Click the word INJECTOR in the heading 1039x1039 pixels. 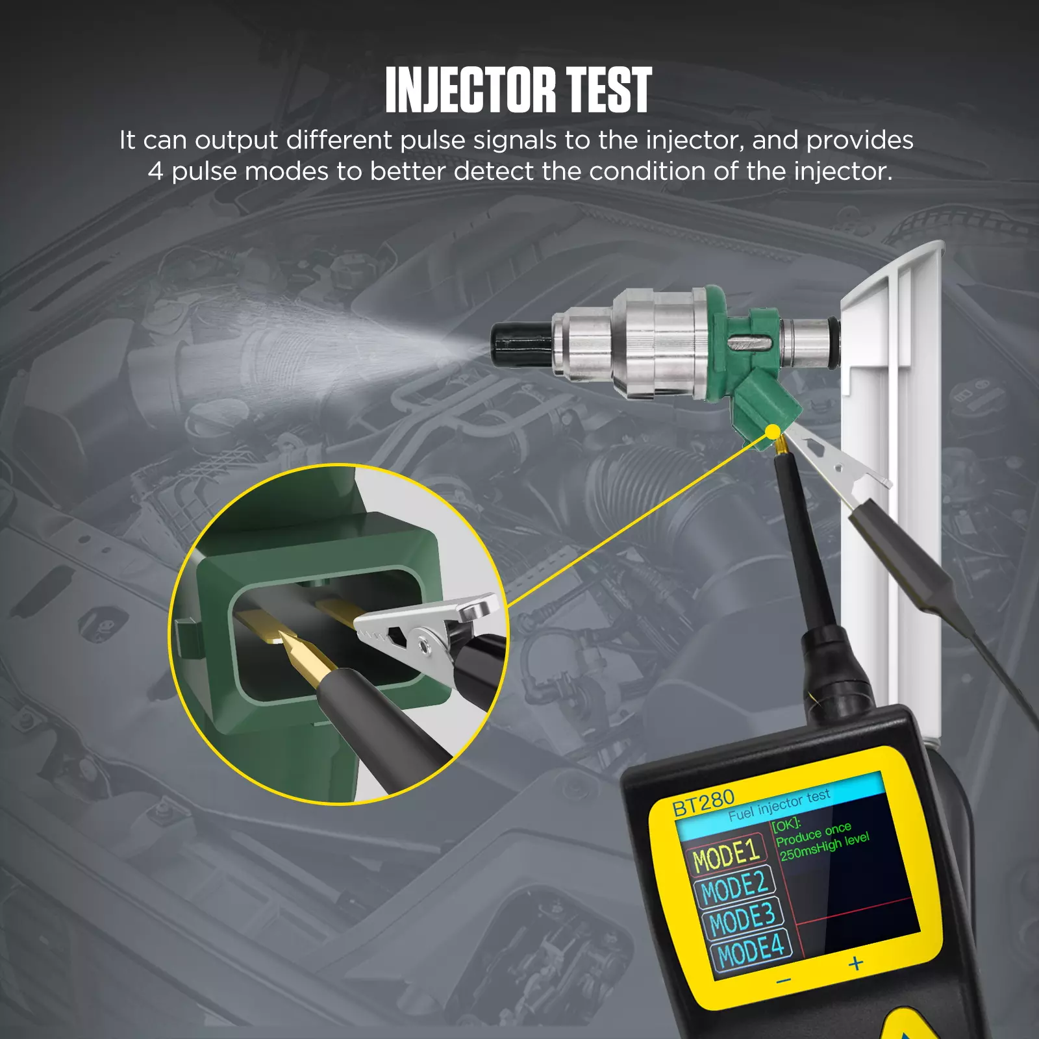[471, 90]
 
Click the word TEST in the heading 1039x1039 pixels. [608, 90]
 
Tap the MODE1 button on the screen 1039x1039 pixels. [726, 856]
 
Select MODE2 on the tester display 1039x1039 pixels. [734, 888]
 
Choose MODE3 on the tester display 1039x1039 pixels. [742, 919]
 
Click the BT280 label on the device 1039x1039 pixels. [703, 803]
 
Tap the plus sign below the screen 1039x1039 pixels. [856, 964]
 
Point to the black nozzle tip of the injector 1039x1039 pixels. [521, 345]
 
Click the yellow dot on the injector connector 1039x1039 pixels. [773, 432]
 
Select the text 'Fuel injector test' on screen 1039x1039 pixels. [779, 805]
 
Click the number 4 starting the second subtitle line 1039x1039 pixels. [155, 171]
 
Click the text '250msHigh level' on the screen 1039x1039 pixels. [825, 847]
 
